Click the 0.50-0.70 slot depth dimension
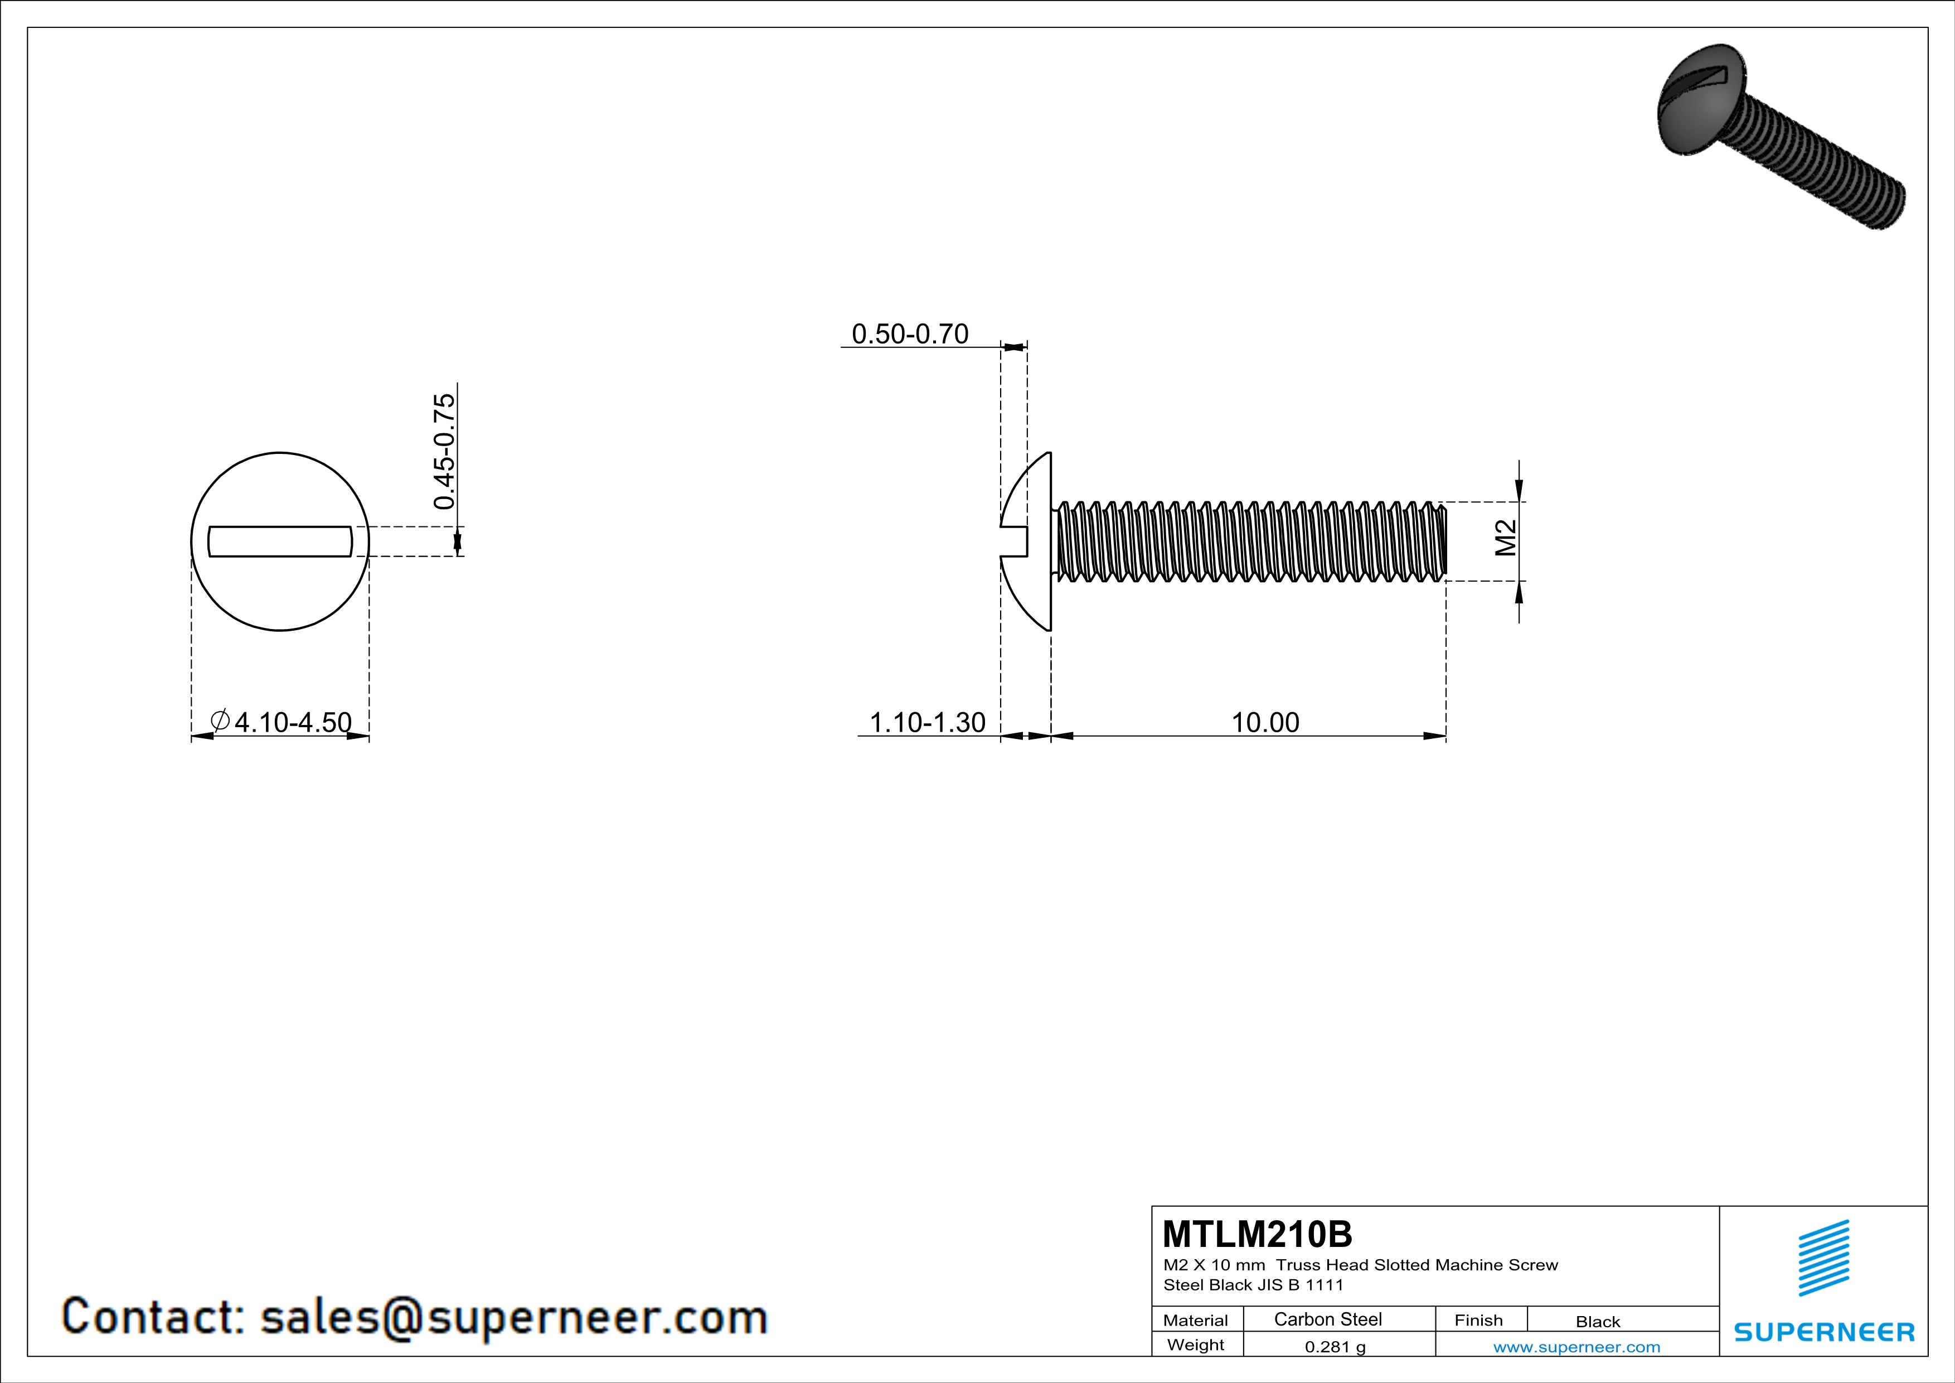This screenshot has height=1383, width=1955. tap(909, 334)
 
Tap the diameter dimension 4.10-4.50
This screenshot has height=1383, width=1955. tap(292, 722)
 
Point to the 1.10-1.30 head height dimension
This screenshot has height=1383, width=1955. tap(926, 722)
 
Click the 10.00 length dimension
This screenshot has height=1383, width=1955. tap(1265, 722)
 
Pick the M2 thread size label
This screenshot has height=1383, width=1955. tap(1506, 538)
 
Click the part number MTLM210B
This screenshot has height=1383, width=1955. tap(1257, 1233)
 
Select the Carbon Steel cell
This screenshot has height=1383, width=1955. tap(1327, 1319)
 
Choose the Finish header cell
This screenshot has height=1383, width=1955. tap(1478, 1320)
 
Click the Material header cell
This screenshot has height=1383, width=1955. tap(1196, 1320)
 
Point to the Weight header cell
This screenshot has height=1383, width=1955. tap(1196, 1345)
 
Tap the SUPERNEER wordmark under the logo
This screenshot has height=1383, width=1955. tap(1824, 1332)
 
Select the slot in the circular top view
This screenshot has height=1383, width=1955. tap(280, 541)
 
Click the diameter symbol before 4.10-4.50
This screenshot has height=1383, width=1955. tap(220, 721)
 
